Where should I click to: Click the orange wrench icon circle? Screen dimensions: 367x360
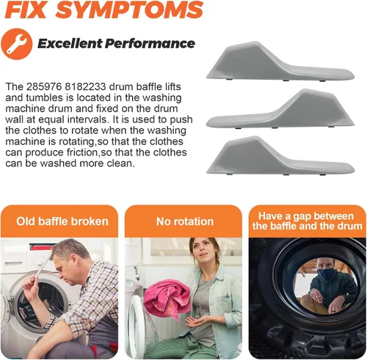pyautogui.click(x=17, y=44)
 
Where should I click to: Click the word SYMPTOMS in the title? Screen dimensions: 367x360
pyautogui.click(x=130, y=10)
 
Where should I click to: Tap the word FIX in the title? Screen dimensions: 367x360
pyautogui.click(x=26, y=10)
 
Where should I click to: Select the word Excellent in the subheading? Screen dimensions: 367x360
pyautogui.click(x=70, y=43)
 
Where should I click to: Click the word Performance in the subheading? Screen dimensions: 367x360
pyautogui.click(x=150, y=43)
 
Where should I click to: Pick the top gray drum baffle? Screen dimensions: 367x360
pyautogui.click(x=280, y=62)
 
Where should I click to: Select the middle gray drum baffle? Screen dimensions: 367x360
pyautogui.click(x=280, y=109)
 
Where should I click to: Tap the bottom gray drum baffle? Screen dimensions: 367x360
pyautogui.click(x=280, y=155)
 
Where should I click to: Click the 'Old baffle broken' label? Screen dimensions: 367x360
pyautogui.click(x=62, y=221)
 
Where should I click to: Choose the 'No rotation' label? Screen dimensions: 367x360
pyautogui.click(x=185, y=221)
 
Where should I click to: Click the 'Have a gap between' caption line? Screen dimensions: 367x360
pyautogui.click(x=306, y=216)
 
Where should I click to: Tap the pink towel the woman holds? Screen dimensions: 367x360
pyautogui.click(x=167, y=298)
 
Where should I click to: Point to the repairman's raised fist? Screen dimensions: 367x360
pyautogui.click(x=30, y=284)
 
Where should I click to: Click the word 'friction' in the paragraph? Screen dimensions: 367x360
pyautogui.click(x=82, y=153)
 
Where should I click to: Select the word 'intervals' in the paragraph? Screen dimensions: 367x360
pyautogui.click(x=87, y=120)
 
